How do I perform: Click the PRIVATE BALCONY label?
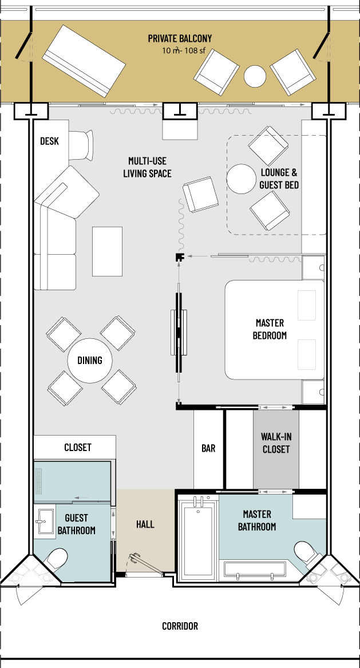point(180,39)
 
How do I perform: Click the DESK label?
point(49,141)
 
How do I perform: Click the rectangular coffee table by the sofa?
point(108,251)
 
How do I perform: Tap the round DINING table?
point(90,361)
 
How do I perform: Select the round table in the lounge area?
point(241,179)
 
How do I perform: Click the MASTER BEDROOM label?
point(270,329)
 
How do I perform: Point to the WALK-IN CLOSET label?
point(276,443)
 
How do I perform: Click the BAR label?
point(208,448)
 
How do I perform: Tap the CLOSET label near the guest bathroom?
point(77,447)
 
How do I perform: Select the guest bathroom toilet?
point(57,559)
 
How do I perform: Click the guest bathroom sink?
point(45,520)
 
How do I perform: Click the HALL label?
point(145,524)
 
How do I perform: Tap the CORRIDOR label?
point(180,626)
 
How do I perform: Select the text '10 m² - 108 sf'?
point(184,50)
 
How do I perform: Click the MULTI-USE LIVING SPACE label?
point(147,167)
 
